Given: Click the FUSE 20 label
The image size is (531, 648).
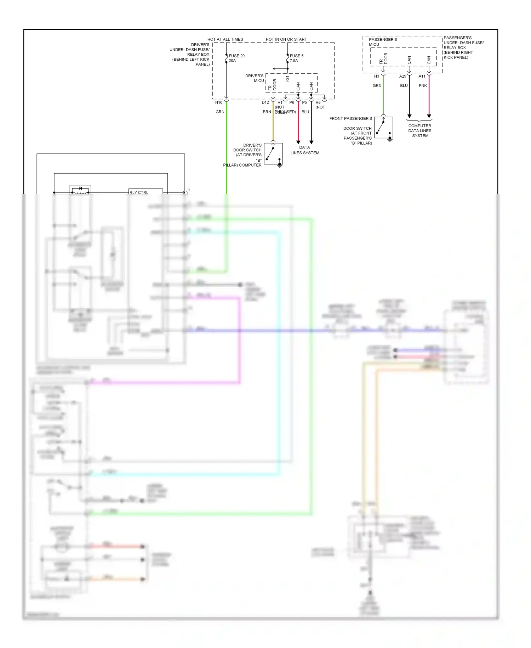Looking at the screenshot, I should [x=236, y=56].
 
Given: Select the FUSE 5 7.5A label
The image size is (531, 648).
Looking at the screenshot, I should [x=296, y=58].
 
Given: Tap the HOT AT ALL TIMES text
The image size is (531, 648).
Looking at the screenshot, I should [x=225, y=39].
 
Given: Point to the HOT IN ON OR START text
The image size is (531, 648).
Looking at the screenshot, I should [x=286, y=39].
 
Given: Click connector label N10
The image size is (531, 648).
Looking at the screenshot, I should [x=219, y=102].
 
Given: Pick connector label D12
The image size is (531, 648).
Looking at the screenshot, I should [x=265, y=102].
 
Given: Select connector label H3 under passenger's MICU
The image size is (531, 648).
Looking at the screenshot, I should [x=376, y=76].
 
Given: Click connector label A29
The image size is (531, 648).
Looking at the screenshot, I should [x=402, y=76].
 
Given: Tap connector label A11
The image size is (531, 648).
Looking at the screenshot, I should [x=422, y=76].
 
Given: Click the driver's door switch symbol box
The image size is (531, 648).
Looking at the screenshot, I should [x=273, y=153].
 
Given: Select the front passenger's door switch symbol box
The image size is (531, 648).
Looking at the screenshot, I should [x=383, y=127].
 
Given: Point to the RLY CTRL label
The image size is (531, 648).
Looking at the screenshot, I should [x=139, y=192].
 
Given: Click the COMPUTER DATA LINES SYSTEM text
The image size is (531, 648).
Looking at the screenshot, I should [x=420, y=130].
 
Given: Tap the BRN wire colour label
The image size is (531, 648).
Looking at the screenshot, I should [x=267, y=112].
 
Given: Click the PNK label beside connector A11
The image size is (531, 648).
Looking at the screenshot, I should [x=423, y=85].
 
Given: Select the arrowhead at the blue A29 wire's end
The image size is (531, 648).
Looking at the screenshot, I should [x=410, y=116].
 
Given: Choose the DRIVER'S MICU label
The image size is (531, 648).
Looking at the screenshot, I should [x=255, y=78].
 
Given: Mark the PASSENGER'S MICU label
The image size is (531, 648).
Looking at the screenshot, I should [x=382, y=42].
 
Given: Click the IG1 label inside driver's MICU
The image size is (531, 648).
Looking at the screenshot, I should [x=287, y=78].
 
